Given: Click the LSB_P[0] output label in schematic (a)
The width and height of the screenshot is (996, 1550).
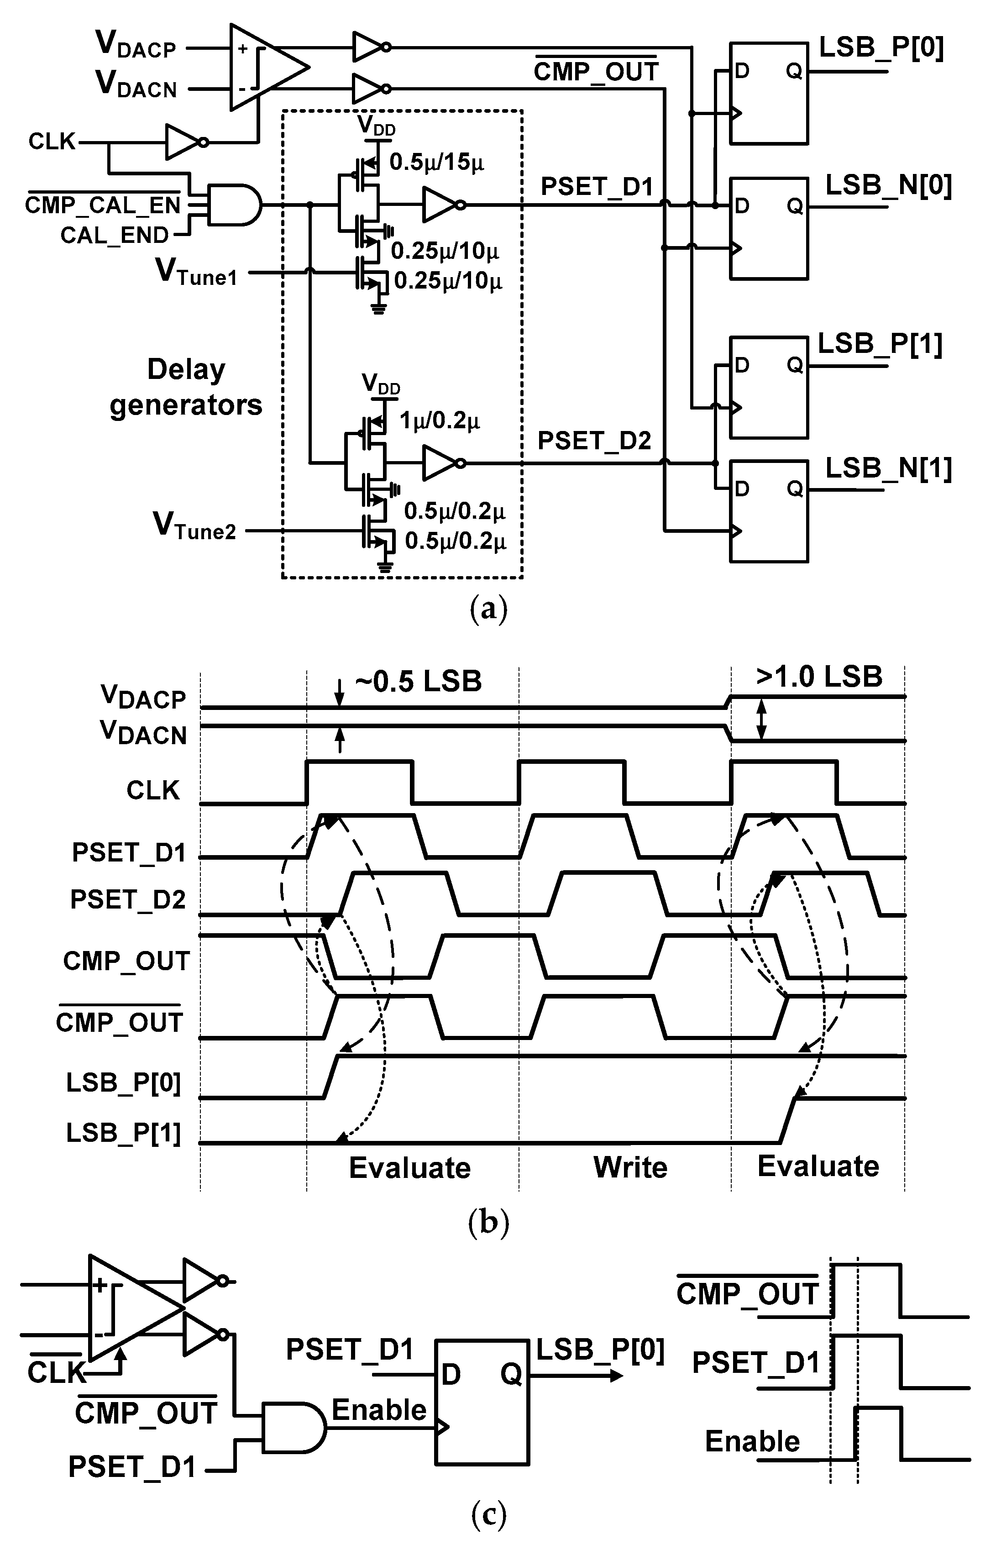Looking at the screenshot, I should coord(881,48).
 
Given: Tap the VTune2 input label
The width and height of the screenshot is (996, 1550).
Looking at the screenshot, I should coord(194,525).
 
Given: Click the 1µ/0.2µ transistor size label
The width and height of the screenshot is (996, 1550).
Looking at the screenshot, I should coord(440,421).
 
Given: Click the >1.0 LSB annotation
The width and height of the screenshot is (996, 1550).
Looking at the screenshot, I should coord(819,677).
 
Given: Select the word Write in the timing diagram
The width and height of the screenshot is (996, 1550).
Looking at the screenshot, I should coord(630,1168).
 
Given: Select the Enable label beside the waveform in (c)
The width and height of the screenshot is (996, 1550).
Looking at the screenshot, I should coord(752,1441).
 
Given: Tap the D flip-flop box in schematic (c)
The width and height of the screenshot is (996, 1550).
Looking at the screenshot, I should coord(482,1401).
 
